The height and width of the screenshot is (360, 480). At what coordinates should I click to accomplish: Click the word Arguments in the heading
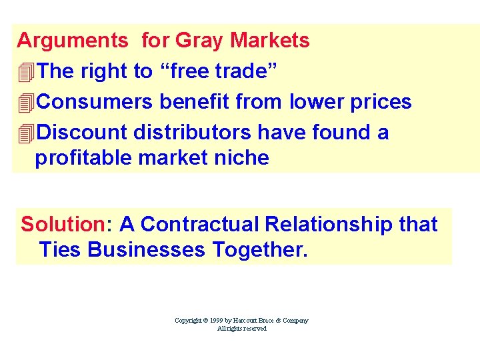[72, 41]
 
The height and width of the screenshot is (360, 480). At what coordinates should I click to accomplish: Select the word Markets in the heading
[270, 41]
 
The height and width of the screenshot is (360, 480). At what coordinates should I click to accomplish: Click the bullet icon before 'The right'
[26, 71]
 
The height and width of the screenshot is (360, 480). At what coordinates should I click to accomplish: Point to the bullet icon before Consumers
[26, 102]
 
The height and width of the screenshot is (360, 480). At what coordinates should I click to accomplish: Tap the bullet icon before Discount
[26, 133]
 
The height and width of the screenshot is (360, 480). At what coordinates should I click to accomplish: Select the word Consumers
[96, 102]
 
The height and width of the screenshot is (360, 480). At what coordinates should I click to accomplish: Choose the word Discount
[82, 133]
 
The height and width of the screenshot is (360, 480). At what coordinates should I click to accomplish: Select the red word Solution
[63, 224]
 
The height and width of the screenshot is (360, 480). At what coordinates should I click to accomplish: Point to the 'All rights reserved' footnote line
[241, 329]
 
